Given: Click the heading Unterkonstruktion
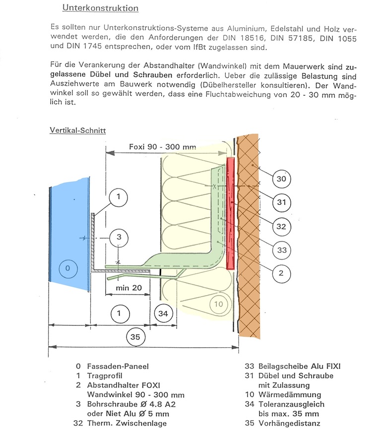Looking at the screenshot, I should tap(100, 8).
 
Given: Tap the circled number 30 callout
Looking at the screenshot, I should tap(281, 179).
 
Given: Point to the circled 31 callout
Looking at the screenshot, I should tap(281, 202).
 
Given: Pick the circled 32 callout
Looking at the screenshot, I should tap(281, 226).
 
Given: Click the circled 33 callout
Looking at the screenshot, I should tap(281, 250).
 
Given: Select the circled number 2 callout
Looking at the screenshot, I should tap(281, 274).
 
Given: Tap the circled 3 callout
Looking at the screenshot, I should tap(119, 237).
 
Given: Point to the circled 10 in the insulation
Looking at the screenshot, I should tap(218, 304).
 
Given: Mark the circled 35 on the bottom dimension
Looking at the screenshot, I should tap(135, 338).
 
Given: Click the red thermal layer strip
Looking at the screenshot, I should tap(230, 213).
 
